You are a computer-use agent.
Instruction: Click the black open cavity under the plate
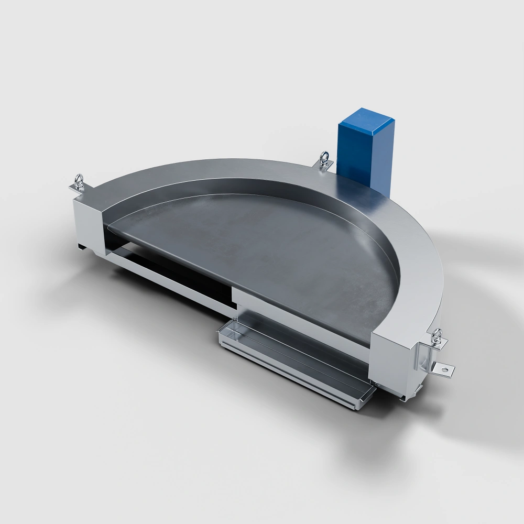(x=173, y=272)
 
